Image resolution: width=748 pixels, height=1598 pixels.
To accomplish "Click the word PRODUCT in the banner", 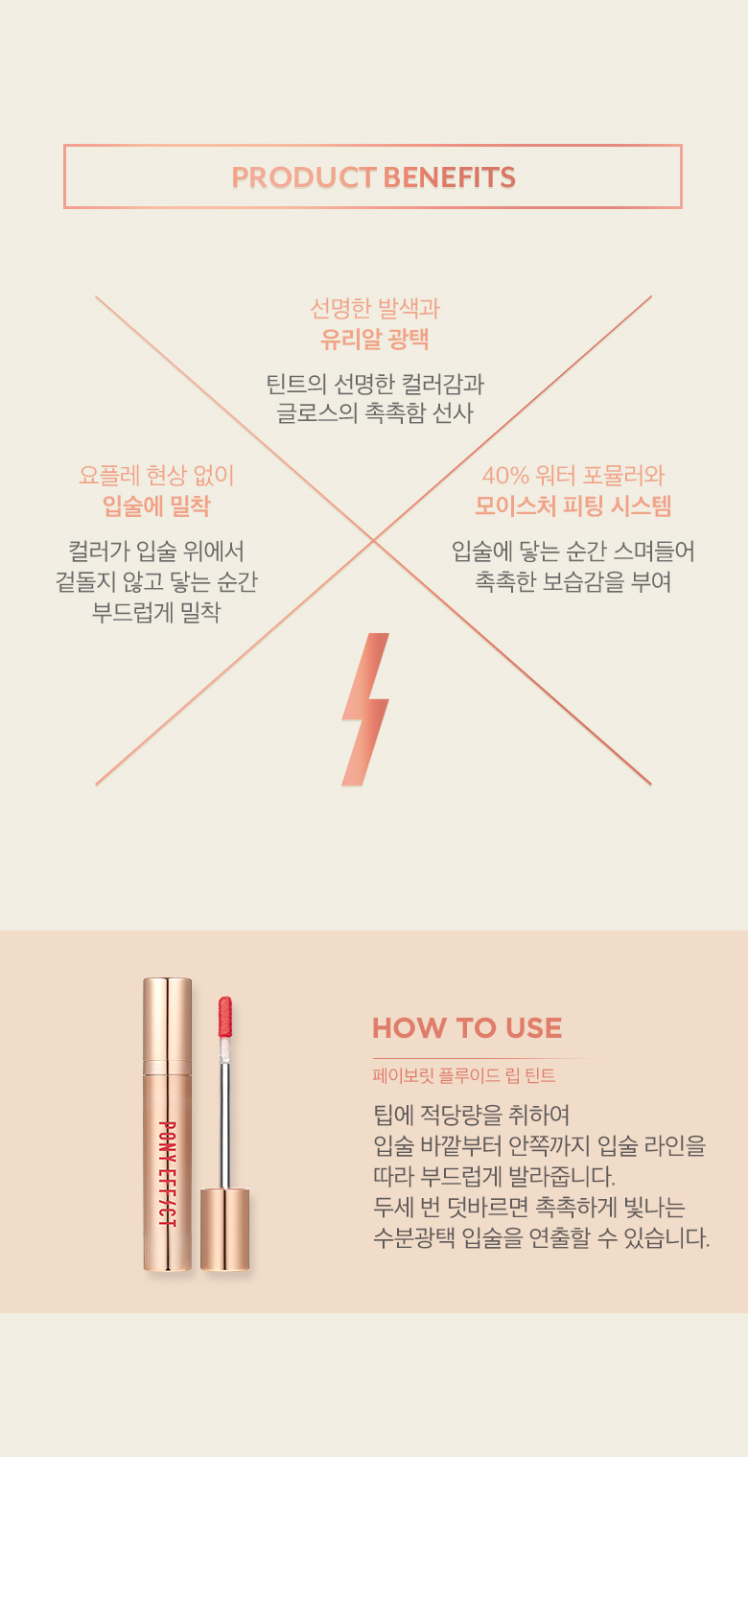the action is (x=304, y=177).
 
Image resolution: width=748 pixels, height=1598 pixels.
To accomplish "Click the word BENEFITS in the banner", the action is (x=449, y=177).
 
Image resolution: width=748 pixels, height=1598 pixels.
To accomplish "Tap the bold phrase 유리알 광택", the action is (x=374, y=339).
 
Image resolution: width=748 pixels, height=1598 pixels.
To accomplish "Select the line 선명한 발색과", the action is (x=374, y=308).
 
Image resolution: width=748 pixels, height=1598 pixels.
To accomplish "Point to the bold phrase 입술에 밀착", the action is (x=156, y=505).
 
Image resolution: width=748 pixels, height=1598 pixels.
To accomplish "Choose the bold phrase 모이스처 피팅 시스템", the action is (x=573, y=505).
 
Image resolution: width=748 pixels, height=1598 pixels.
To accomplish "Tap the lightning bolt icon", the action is (x=365, y=709).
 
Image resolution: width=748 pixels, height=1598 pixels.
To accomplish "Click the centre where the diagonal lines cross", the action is (x=374, y=541).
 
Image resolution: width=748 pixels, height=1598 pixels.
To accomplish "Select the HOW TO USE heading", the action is (x=467, y=1028).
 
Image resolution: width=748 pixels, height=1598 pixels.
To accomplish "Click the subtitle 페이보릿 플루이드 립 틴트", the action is (x=463, y=1075).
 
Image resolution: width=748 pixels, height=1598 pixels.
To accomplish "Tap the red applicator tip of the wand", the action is (x=224, y=1018).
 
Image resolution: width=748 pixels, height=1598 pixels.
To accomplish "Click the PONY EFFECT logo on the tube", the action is (x=166, y=1173).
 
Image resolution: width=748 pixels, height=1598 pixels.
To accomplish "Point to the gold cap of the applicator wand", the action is (x=224, y=1229).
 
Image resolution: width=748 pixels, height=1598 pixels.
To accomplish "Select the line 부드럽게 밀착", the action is (x=156, y=612).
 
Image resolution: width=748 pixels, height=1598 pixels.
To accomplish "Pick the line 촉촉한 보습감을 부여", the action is (x=573, y=581).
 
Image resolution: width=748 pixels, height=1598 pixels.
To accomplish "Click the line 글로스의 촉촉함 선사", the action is (x=374, y=413).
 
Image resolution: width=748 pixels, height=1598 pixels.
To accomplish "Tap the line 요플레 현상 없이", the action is (x=156, y=475).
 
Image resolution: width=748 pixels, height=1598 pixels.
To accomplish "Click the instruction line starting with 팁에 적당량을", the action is (x=471, y=1115).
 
